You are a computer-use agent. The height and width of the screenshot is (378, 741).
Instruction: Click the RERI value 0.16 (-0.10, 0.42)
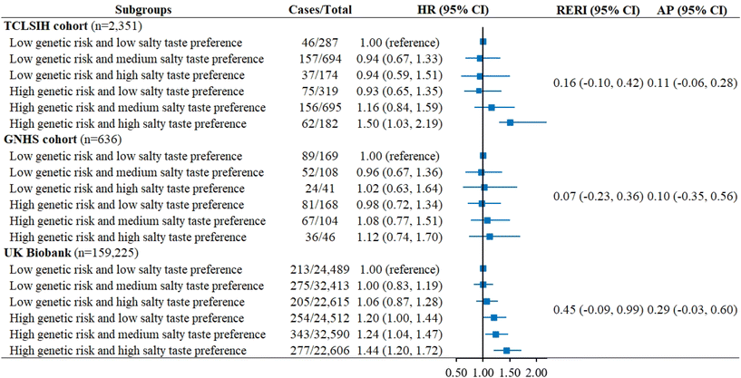point(596,83)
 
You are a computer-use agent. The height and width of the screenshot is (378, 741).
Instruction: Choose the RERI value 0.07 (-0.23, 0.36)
point(596,197)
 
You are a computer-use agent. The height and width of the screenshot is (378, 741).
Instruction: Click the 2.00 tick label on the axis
point(536,372)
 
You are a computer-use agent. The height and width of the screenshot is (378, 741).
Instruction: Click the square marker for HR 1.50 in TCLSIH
point(511,122)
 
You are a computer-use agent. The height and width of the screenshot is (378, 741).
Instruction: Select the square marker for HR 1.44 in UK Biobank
point(506,350)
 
